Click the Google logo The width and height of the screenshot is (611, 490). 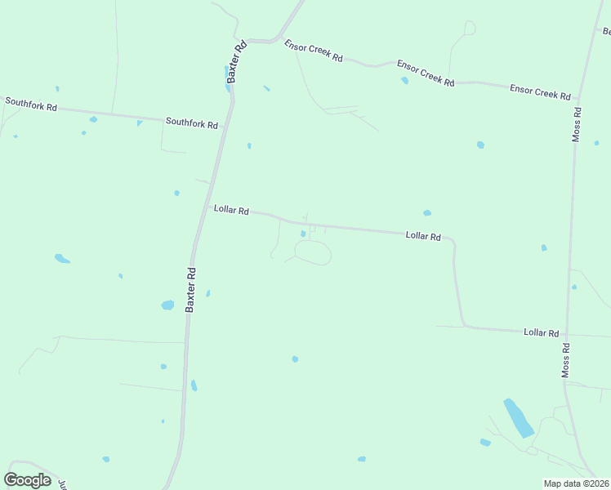(x=27, y=479)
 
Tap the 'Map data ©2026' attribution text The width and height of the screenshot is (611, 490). (x=576, y=483)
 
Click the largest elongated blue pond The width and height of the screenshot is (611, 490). (x=518, y=417)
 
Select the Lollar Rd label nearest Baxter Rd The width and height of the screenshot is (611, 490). (x=231, y=210)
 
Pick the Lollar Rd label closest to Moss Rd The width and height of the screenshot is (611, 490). (x=541, y=332)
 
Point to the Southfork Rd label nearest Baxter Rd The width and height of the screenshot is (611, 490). (x=192, y=123)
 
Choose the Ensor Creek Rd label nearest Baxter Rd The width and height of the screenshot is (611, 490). (x=313, y=51)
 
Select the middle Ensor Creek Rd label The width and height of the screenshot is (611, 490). (x=426, y=73)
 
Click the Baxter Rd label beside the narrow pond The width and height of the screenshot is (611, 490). (x=237, y=62)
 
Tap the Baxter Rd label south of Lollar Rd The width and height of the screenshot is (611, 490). (x=190, y=289)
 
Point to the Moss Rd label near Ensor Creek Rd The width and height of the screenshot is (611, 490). (x=576, y=123)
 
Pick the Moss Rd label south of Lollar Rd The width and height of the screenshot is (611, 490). (x=565, y=359)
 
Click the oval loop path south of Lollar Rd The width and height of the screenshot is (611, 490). (x=313, y=252)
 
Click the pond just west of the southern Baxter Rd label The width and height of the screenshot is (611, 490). (x=167, y=305)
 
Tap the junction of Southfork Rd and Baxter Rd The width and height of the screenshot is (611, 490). (x=225, y=127)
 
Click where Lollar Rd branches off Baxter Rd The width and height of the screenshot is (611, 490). (x=203, y=208)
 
